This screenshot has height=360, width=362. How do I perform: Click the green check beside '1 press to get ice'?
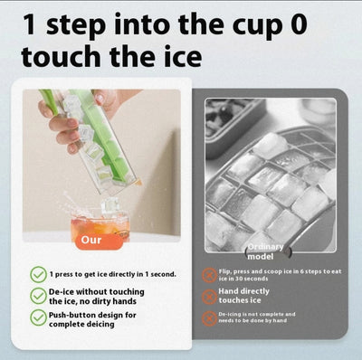[x=38, y=273]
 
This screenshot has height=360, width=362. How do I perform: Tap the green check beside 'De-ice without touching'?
[x=38, y=296]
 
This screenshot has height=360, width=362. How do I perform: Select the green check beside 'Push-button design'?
[x=38, y=317]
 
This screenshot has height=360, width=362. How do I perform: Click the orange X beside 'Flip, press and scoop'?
[x=210, y=275]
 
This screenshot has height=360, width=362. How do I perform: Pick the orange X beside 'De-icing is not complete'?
[x=210, y=317]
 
